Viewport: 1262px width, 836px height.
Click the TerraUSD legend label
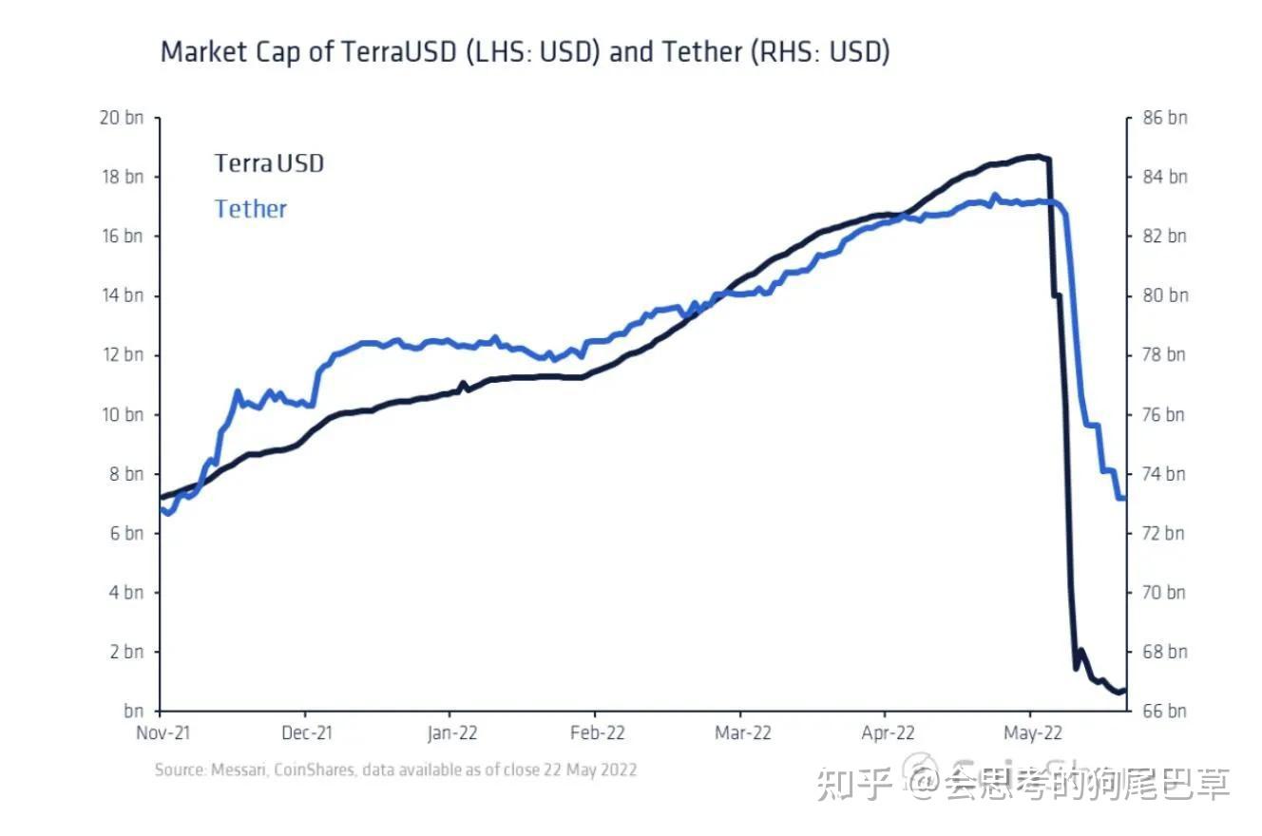pos(269,163)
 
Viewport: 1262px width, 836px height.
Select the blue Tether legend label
pos(250,209)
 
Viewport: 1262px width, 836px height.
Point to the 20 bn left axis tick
pos(121,118)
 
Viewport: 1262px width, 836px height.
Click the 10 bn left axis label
pos(121,414)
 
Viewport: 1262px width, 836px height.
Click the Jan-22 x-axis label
pos(451,732)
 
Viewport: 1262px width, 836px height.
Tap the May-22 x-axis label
pos(1033,732)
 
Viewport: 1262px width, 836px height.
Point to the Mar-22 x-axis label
pos(742,732)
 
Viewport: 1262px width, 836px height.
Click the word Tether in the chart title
pos(701,51)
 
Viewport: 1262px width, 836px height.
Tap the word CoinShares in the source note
pos(312,769)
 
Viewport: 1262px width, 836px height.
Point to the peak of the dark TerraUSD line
pos(1039,156)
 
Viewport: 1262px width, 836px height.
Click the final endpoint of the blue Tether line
pos(1123,498)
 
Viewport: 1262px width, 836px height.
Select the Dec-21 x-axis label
pos(306,732)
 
